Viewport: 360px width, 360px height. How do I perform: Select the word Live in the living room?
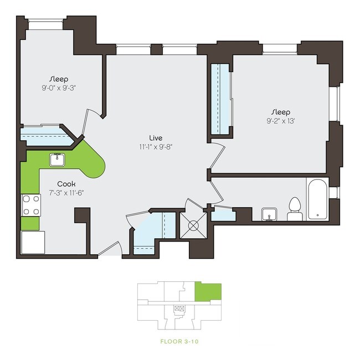(x=155, y=137)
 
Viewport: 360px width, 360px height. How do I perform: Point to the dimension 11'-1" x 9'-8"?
(x=155, y=147)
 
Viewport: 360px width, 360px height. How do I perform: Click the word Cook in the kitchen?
(x=66, y=184)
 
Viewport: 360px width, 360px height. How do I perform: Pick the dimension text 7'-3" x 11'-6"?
(x=66, y=193)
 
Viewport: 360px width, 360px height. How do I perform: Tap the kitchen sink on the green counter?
(x=57, y=160)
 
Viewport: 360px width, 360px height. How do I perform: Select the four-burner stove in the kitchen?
(x=30, y=204)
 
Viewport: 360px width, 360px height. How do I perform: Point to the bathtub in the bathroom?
(x=318, y=199)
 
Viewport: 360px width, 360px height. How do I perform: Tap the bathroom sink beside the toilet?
(x=270, y=213)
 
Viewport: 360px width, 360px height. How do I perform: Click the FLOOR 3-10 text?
(x=179, y=341)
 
